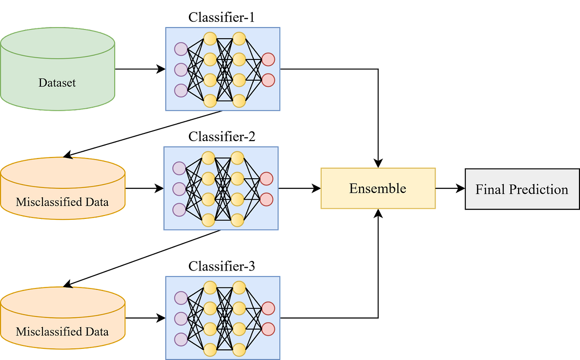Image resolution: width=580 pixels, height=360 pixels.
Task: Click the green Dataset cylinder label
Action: (57, 83)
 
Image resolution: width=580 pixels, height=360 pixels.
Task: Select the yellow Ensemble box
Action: (378, 188)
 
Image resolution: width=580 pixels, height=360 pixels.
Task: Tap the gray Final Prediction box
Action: (522, 189)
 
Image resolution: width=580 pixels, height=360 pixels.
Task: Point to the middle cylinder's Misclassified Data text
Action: (62, 202)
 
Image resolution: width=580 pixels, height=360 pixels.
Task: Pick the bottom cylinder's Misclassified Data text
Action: (62, 331)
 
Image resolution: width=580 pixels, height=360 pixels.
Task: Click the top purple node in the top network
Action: (181, 49)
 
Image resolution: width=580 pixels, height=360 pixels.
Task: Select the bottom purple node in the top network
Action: (181, 90)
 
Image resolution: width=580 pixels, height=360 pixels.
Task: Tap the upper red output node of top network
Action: (268, 59)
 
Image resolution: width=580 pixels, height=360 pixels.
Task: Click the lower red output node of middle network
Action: (266, 199)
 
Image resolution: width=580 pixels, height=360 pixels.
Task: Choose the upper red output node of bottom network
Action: (268, 308)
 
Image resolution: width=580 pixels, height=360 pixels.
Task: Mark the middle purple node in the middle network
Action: (179, 189)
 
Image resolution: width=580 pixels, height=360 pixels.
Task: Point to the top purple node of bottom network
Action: (181, 298)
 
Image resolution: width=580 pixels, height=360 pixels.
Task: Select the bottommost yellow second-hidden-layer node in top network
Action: (239, 101)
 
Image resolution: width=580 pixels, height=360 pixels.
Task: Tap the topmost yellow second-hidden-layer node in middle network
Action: (237, 158)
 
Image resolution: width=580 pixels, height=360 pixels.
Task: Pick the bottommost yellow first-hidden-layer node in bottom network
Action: (210, 349)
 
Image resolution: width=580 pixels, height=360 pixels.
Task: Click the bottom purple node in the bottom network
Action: (181, 340)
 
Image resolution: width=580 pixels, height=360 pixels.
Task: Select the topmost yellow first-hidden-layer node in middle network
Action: (208, 158)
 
